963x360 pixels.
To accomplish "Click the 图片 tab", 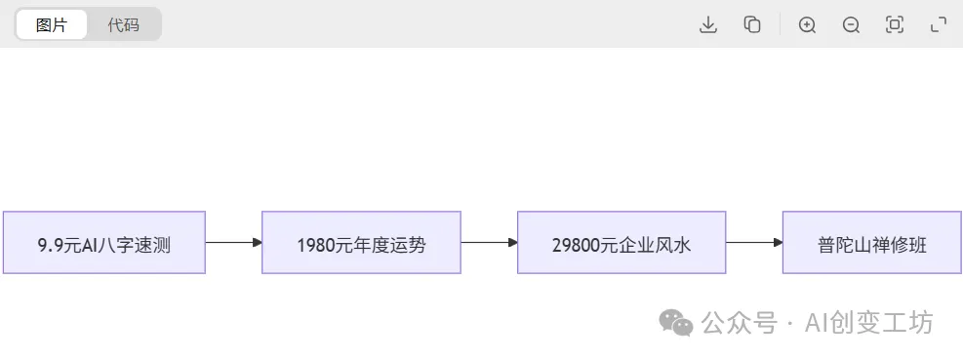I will pyautogui.click(x=52, y=24).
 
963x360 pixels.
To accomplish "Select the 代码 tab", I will pyautogui.click(x=123, y=24).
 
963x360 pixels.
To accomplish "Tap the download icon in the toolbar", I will pyautogui.click(x=708, y=25).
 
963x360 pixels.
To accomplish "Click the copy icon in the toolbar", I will pyautogui.click(x=752, y=25).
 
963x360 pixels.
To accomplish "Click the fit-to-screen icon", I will pyautogui.click(x=894, y=25).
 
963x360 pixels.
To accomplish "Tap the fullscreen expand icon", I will pyautogui.click(x=939, y=25).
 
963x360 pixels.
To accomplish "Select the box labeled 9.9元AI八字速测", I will pyautogui.click(x=104, y=243).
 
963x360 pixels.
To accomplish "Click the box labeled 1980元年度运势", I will pyautogui.click(x=361, y=243).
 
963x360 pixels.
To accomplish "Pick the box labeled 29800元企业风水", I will pyautogui.click(x=622, y=243).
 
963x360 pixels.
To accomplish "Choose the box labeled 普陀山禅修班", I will pyautogui.click(x=871, y=243).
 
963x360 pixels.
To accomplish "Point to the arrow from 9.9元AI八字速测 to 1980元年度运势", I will pyautogui.click(x=233, y=242).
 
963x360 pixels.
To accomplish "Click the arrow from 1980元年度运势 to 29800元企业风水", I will pyautogui.click(x=489, y=242).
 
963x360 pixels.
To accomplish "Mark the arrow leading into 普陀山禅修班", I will pyautogui.click(x=753, y=242).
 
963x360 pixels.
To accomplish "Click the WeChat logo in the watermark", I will pyautogui.click(x=676, y=323).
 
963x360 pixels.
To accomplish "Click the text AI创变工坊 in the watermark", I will pyautogui.click(x=868, y=323).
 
